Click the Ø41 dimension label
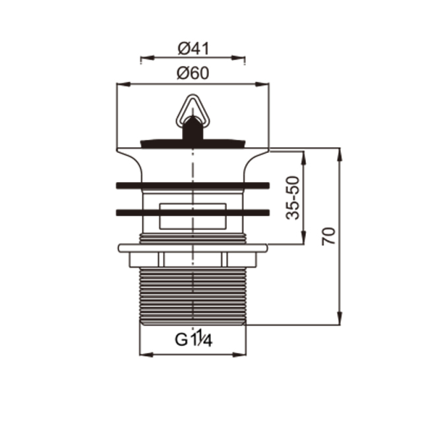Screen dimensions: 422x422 (x=193, y=49)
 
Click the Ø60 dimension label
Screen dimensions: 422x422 (x=193, y=73)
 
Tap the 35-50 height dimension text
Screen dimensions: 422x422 (x=293, y=198)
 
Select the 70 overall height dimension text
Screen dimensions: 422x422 (x=328, y=236)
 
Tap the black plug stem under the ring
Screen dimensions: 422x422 (x=193, y=129)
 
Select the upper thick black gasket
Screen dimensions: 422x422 (x=193, y=185)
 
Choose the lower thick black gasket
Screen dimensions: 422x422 (x=193, y=212)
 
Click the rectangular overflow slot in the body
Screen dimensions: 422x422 (x=193, y=216)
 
